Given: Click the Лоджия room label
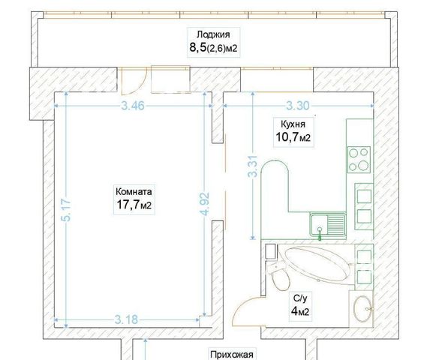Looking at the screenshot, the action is click(x=213, y=34).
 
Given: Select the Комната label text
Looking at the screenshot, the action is click(x=134, y=191).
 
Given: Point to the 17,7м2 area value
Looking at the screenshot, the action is click(x=134, y=205).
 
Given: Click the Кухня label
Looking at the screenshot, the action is click(x=293, y=124).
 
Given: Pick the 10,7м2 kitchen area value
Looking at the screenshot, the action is click(x=293, y=137).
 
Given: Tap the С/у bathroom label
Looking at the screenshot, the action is click(x=299, y=298).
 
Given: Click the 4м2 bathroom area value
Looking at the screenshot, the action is click(x=300, y=311).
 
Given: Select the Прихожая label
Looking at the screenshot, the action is click(x=232, y=355).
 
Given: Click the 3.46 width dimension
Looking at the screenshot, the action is click(x=133, y=106).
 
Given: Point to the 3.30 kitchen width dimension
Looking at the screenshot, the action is click(x=298, y=106).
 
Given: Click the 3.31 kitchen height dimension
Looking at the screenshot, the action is click(x=253, y=166).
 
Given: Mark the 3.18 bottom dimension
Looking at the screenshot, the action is click(x=126, y=319).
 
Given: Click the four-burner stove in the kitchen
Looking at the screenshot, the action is click(x=359, y=160).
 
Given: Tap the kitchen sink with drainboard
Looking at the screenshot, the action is click(x=328, y=225).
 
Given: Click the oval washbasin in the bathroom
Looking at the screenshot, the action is click(x=362, y=309).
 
